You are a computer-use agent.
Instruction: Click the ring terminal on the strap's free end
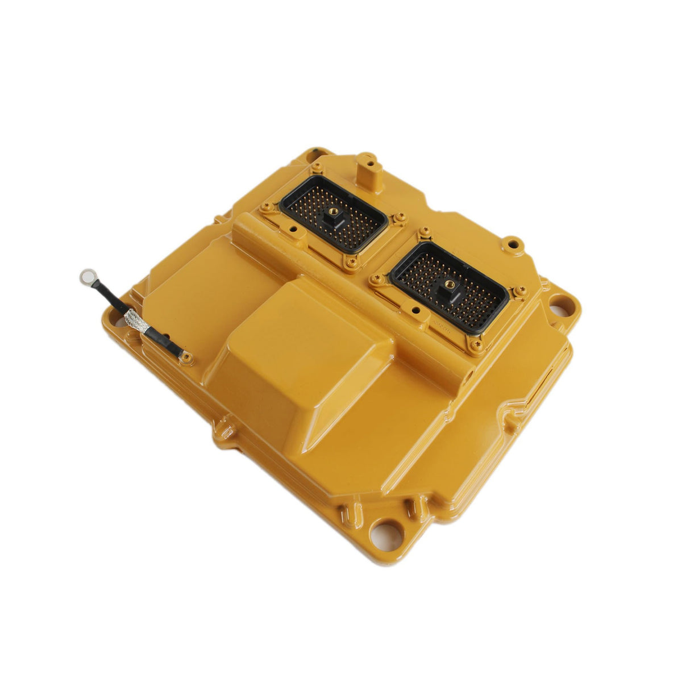point(88,277)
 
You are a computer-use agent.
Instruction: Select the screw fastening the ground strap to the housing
point(185,356)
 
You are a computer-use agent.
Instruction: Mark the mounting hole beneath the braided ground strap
point(121,325)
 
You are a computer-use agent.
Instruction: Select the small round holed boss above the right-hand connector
point(513,244)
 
